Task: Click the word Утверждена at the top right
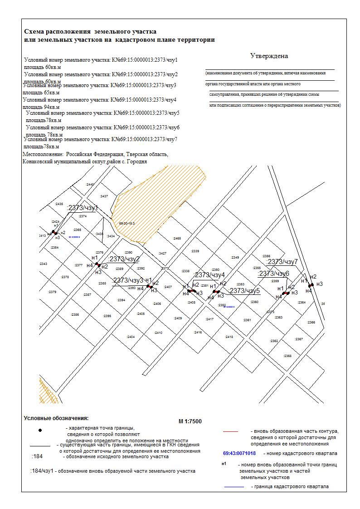269,56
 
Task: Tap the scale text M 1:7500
190,421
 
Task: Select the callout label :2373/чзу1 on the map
83,208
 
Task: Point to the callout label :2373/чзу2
124,259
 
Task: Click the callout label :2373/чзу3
128,280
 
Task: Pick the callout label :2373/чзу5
244,291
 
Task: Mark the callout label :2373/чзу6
273,274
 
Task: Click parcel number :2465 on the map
177,238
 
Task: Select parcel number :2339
195,251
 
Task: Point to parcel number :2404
131,337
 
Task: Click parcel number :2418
229,337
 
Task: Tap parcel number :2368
287,356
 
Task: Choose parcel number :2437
104,196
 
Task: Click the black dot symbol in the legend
40,430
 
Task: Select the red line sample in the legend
231,431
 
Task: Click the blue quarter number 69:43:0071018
239,453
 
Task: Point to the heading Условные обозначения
56,418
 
